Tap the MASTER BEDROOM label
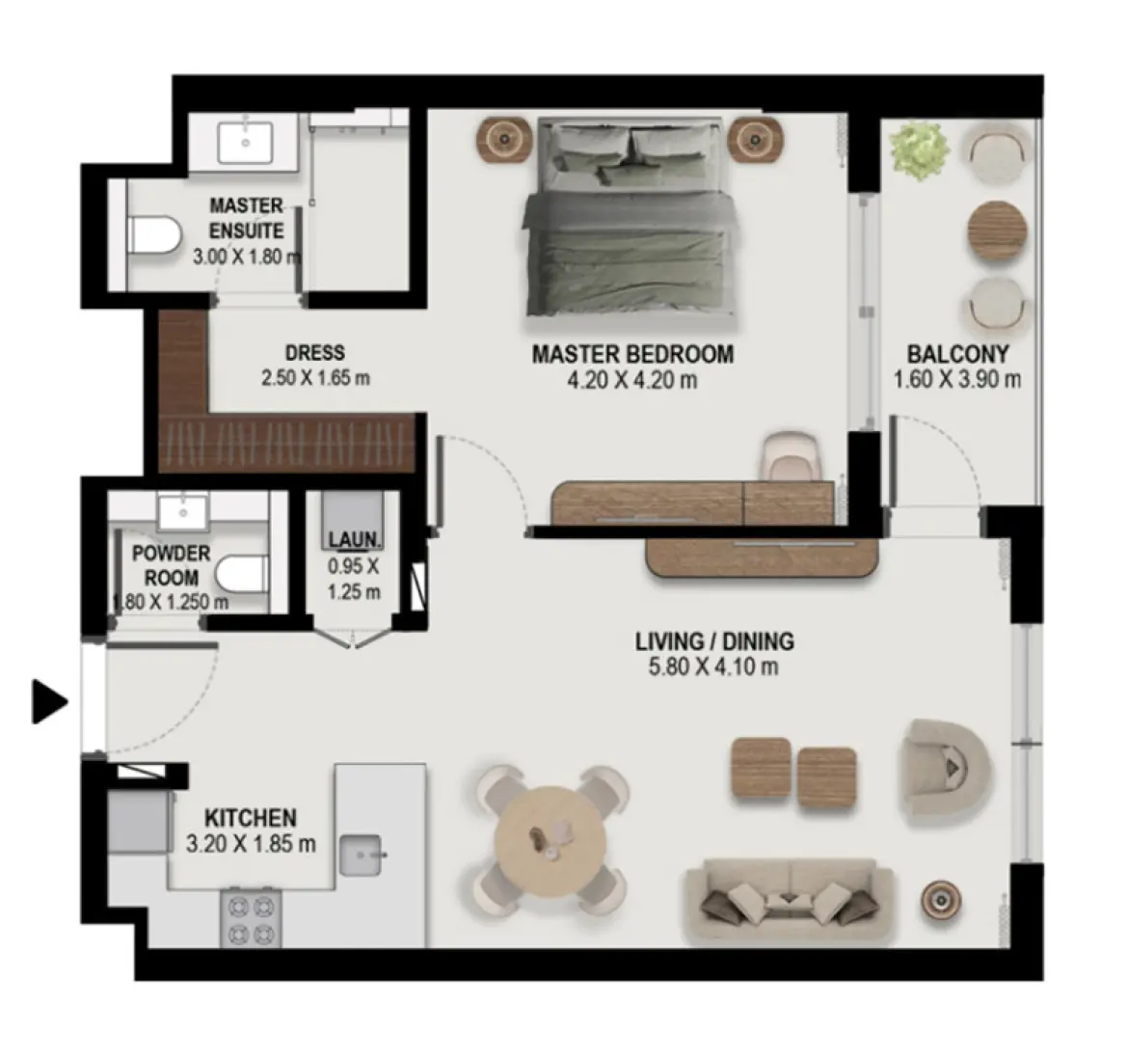pyautogui.click(x=632, y=354)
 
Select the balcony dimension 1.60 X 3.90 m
pyautogui.click(x=956, y=379)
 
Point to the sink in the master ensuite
pyautogui.click(x=246, y=143)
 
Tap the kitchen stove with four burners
pyautogui.click(x=252, y=919)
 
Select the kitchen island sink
pyautogui.click(x=361, y=855)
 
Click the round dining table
pyautogui.click(x=550, y=841)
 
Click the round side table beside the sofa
pyautogui.click(x=942, y=901)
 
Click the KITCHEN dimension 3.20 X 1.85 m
pyautogui.click(x=251, y=843)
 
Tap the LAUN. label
pyautogui.click(x=355, y=539)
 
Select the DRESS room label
pyautogui.click(x=315, y=352)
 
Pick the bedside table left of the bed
pyautogui.click(x=505, y=138)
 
